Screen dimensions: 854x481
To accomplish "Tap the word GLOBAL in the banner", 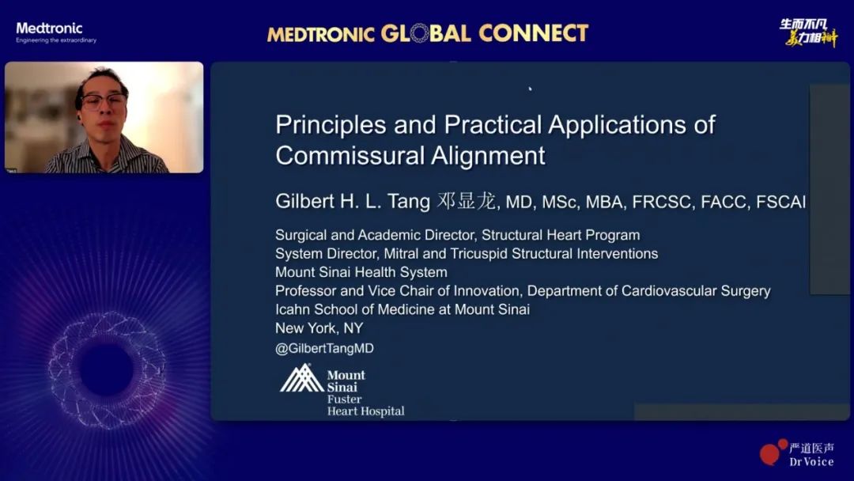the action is pyautogui.click(x=425, y=34).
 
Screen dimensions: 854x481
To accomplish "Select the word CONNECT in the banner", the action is pyautogui.click(x=534, y=33).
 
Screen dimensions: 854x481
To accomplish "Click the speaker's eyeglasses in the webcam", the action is pyautogui.click(x=104, y=100).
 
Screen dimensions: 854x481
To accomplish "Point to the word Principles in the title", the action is pyautogui.click(x=331, y=126).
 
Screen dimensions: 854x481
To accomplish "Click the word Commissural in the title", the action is pyautogui.click(x=349, y=156).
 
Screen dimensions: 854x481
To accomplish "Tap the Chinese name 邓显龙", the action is pyautogui.click(x=467, y=201).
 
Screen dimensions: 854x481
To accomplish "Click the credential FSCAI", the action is pyautogui.click(x=780, y=202).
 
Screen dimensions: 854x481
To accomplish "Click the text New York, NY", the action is pyautogui.click(x=319, y=328).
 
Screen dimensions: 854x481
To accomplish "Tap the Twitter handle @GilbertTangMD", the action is pyautogui.click(x=325, y=349).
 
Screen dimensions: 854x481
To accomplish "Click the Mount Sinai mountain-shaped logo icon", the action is pyautogui.click(x=302, y=378).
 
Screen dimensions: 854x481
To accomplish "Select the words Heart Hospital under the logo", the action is pyautogui.click(x=365, y=411).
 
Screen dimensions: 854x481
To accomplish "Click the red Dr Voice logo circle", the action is pyautogui.click(x=769, y=454).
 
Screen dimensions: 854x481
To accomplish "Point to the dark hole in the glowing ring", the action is pyautogui.click(x=106, y=370).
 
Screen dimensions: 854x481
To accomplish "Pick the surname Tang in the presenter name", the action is pyautogui.click(x=409, y=202).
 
